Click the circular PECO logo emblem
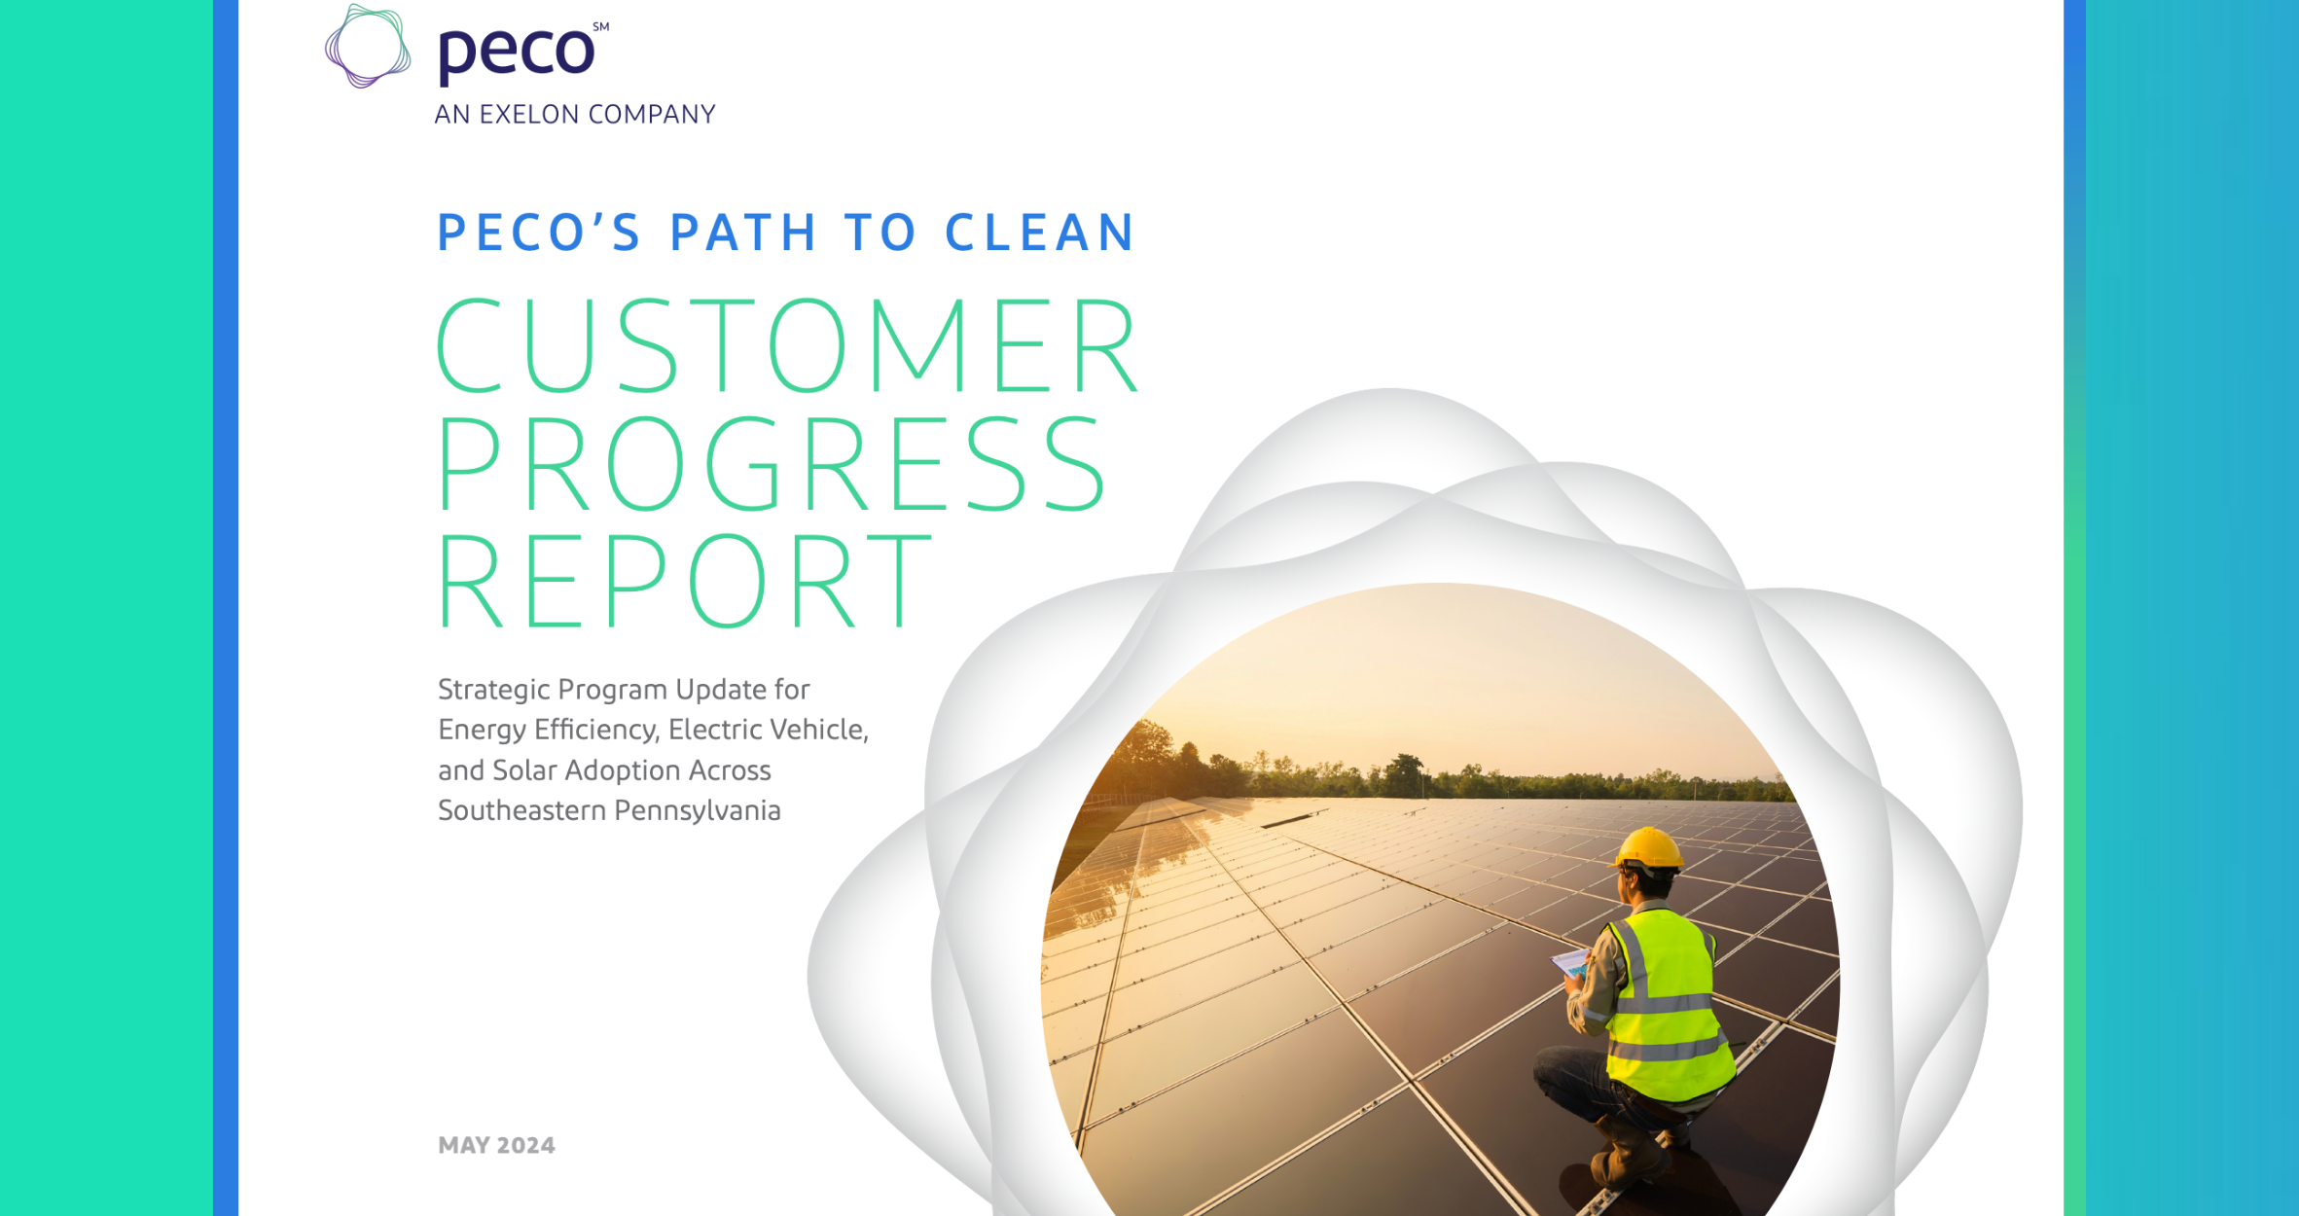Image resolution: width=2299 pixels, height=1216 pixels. (x=367, y=47)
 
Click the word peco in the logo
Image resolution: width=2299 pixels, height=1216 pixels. (x=515, y=53)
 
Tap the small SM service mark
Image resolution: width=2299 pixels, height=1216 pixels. (x=601, y=27)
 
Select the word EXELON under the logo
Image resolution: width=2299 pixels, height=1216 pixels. (x=530, y=115)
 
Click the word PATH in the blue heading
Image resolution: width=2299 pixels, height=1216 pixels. (x=743, y=233)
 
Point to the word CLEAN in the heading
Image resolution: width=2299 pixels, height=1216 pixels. (x=1039, y=233)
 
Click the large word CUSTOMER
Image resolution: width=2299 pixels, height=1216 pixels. (x=786, y=346)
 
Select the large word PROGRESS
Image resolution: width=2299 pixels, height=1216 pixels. (x=771, y=463)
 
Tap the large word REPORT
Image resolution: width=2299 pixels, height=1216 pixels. (x=684, y=581)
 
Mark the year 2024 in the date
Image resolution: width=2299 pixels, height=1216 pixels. (x=526, y=1145)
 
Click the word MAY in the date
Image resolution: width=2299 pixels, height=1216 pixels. (x=464, y=1145)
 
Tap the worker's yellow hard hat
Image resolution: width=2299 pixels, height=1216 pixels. (x=1648, y=848)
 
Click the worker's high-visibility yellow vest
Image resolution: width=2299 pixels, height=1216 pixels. (x=1666, y=1002)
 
